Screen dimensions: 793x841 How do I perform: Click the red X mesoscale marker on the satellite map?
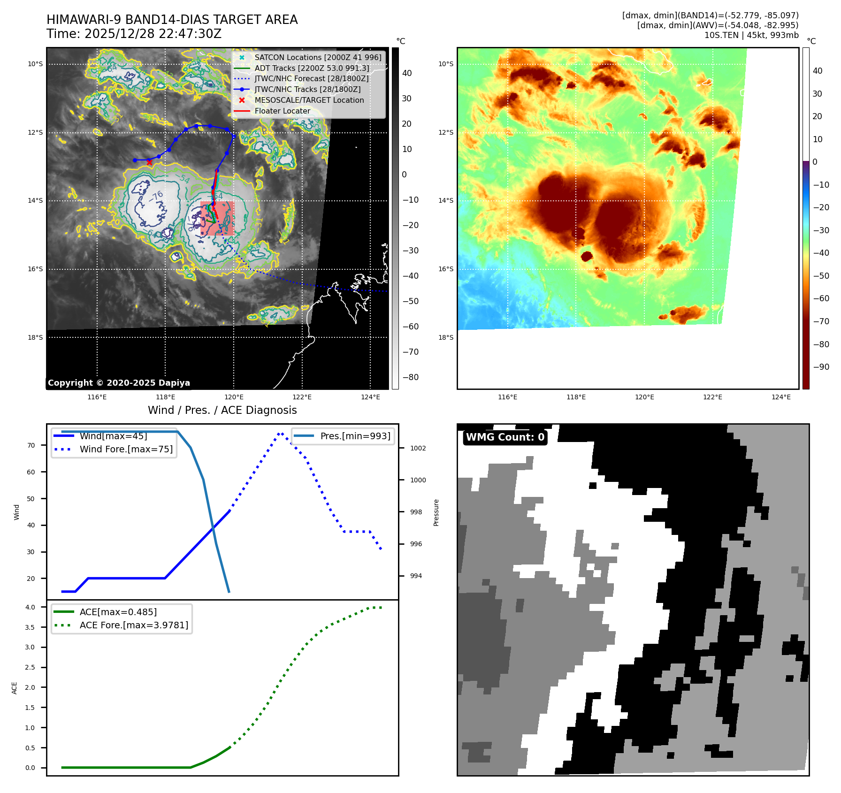[149, 162]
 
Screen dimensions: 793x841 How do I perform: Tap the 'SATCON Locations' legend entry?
[318, 57]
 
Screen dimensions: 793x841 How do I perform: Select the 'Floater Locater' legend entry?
[282, 111]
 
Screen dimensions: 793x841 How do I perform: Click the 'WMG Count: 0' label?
[505, 437]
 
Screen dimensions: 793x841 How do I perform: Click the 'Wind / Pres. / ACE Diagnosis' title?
[222, 410]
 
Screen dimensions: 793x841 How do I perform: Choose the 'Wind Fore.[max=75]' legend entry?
[126, 449]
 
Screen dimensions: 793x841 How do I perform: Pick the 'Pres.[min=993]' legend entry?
[355, 436]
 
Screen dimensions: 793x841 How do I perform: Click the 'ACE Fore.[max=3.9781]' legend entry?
[134, 625]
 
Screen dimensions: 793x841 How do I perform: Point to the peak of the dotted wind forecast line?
[280, 433]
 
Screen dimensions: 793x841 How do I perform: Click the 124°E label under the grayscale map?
[370, 397]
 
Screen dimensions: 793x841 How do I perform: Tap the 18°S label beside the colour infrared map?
[446, 337]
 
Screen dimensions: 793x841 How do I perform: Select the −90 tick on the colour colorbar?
[821, 367]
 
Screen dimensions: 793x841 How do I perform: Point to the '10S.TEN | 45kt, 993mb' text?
[751, 35]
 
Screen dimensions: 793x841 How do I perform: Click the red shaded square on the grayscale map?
[217, 218]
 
